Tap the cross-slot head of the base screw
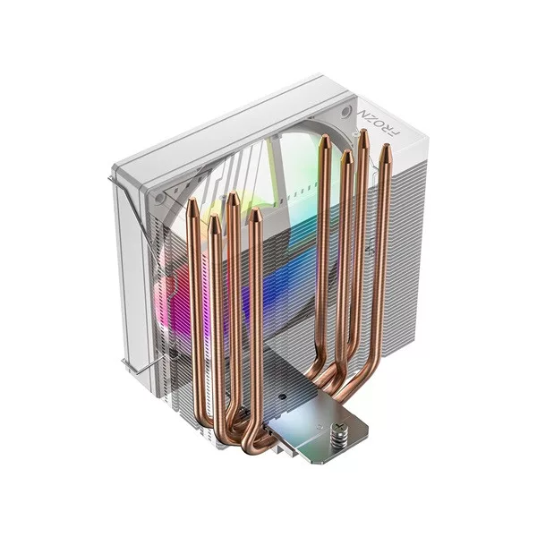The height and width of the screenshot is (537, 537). tap(339, 427)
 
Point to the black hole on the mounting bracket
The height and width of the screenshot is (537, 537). tap(283, 396)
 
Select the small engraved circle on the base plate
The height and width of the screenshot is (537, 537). tap(320, 428)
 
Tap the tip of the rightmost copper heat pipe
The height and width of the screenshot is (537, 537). tap(386, 148)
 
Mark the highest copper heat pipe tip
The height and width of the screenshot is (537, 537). tap(363, 132)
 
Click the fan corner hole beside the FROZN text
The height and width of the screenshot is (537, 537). tap(346, 111)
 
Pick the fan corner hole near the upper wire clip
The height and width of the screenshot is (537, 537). tap(159, 199)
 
